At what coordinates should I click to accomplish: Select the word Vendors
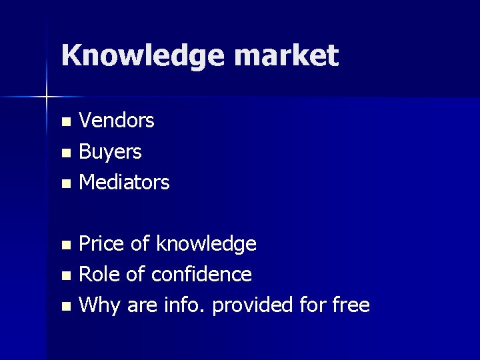[117, 121]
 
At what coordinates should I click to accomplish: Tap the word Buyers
[110, 151]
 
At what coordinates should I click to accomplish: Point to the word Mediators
[124, 181]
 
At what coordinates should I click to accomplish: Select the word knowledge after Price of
[206, 245]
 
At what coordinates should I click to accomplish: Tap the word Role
[99, 274]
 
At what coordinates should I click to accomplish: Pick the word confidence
[201, 274]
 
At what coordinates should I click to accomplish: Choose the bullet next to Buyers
[65, 153]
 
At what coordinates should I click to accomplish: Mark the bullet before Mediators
[65, 183]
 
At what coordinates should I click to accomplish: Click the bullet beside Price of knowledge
[65, 245]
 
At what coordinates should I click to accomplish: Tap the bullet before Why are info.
[65, 307]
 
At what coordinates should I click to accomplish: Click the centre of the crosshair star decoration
[46, 97]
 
